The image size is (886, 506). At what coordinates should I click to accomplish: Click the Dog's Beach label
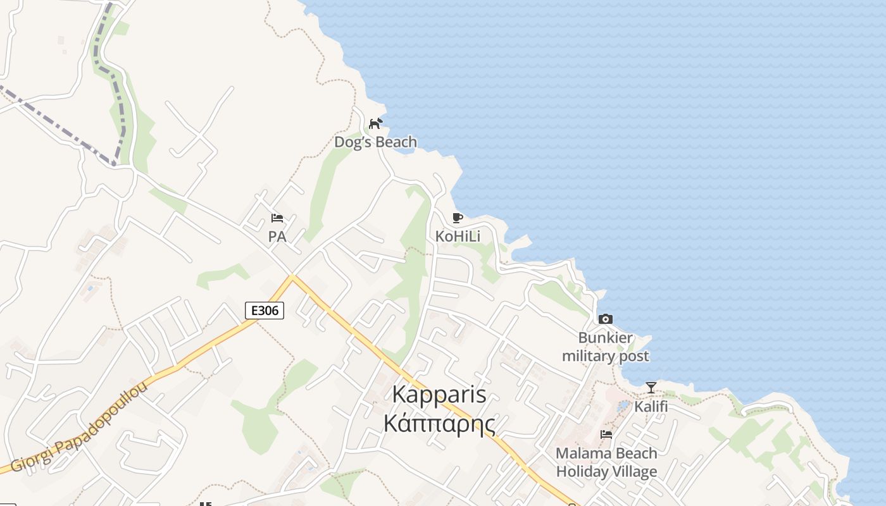[x=375, y=142]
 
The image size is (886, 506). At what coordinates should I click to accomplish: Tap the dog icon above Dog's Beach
[x=376, y=123]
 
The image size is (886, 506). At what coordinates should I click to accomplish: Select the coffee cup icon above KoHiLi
[x=458, y=218]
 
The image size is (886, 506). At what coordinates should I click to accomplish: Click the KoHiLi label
[x=458, y=237]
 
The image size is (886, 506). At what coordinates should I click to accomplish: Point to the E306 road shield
[x=265, y=311]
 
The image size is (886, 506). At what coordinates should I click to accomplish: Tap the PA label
[x=277, y=237]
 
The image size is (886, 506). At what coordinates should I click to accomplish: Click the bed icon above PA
[x=277, y=218]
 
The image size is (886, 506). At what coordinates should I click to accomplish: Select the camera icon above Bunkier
[x=606, y=319]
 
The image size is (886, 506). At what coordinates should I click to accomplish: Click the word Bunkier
[x=606, y=338]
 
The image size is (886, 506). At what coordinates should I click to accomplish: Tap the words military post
[x=606, y=356]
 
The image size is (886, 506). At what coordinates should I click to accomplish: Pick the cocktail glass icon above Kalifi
[x=651, y=387]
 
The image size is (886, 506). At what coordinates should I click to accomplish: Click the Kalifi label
[x=651, y=406]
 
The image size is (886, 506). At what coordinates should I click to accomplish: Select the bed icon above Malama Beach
[x=606, y=435]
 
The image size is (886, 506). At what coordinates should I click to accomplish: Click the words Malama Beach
[x=606, y=453]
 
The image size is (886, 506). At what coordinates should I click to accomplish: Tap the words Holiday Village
[x=606, y=472]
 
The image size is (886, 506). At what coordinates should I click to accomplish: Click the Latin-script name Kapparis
[x=439, y=394]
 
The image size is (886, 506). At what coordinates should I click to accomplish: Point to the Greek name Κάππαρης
[x=439, y=423]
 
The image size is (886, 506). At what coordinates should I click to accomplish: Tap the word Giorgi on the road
[x=29, y=459]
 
